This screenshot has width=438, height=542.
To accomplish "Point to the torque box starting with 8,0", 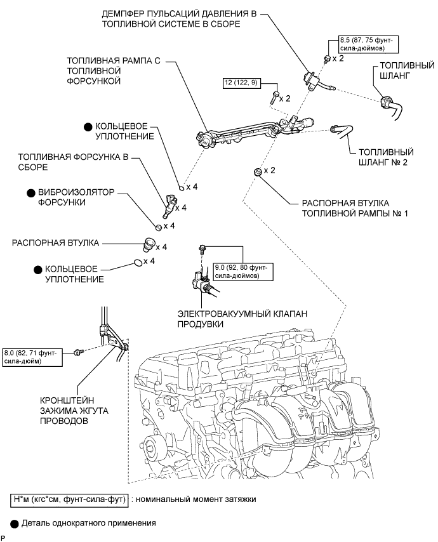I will tap(33, 355).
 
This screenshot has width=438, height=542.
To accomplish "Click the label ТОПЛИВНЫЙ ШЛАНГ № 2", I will tap(386, 157).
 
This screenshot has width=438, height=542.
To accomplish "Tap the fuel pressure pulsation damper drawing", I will tap(312, 79).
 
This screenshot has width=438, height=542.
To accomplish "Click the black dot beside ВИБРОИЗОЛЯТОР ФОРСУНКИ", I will tap(30, 191).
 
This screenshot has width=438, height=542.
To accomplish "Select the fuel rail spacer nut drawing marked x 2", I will tap(256, 172).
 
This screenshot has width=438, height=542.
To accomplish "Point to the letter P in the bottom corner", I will tap(4, 538).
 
